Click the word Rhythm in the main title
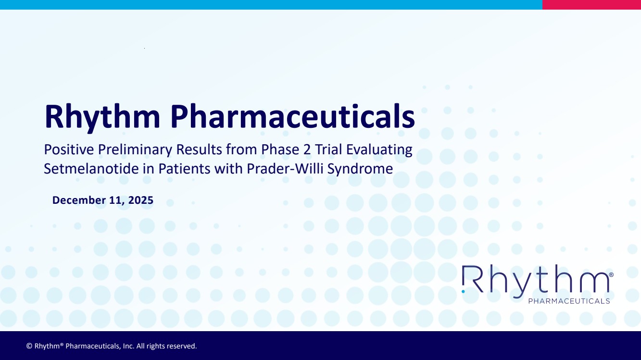pyautogui.click(x=102, y=117)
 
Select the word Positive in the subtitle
pyautogui.click(x=69, y=149)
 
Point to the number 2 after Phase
pyautogui.click(x=307, y=149)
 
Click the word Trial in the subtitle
pyautogui.click(x=328, y=149)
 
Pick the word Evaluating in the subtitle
pyautogui.click(x=379, y=150)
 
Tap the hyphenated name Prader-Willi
pyautogui.click(x=285, y=168)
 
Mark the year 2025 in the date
pyautogui.click(x=141, y=200)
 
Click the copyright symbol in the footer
pyautogui.click(x=29, y=346)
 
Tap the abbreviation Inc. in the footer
pyautogui.click(x=128, y=346)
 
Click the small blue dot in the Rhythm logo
pyautogui.click(x=463, y=291)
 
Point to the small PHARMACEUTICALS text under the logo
pyautogui.click(x=569, y=301)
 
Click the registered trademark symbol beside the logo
pyautogui.click(x=611, y=274)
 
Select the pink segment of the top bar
pyautogui.click(x=591, y=5)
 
